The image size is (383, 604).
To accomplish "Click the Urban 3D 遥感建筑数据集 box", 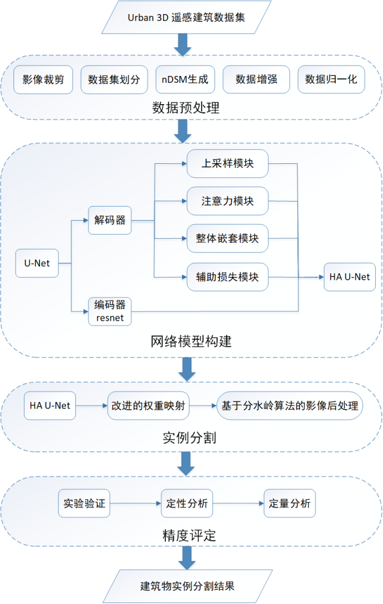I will click(x=186, y=16).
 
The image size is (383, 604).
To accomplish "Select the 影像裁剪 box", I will click(x=43, y=79).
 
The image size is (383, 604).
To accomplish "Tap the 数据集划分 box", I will click(x=114, y=79).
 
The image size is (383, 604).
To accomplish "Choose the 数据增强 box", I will click(x=256, y=79).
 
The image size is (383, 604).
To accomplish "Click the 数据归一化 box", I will click(x=331, y=79).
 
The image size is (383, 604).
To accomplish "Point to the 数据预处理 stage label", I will click(x=185, y=107).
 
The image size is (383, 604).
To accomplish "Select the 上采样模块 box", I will click(x=228, y=164).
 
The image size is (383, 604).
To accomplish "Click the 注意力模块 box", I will click(x=228, y=200).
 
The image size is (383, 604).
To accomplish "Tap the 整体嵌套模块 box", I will click(x=228, y=238).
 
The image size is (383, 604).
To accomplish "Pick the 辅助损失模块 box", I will click(x=228, y=276).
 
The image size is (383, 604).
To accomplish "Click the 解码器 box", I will click(x=110, y=220).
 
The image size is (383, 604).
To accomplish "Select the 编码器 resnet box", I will click(x=110, y=311).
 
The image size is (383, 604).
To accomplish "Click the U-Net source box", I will click(x=37, y=263).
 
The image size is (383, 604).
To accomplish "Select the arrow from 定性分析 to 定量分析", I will click(x=238, y=504).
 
